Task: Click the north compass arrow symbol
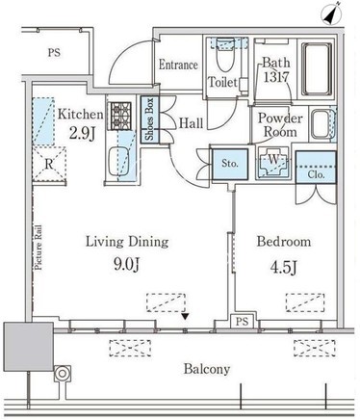click(331, 14)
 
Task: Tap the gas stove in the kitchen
click(121, 116)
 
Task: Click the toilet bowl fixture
click(224, 54)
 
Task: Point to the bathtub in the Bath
click(317, 69)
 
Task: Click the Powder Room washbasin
click(321, 124)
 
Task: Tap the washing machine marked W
click(273, 162)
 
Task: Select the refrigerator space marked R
click(49, 164)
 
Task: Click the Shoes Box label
click(149, 119)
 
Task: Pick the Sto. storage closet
click(230, 164)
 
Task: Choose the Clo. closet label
click(317, 174)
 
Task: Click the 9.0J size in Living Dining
click(127, 265)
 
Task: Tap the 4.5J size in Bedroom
click(284, 267)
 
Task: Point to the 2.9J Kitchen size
click(82, 133)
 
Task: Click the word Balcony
click(207, 369)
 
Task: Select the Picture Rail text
click(39, 248)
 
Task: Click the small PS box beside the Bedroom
click(243, 321)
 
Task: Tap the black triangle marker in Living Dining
click(185, 317)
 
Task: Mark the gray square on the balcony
click(29, 347)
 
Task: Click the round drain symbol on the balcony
click(63, 374)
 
